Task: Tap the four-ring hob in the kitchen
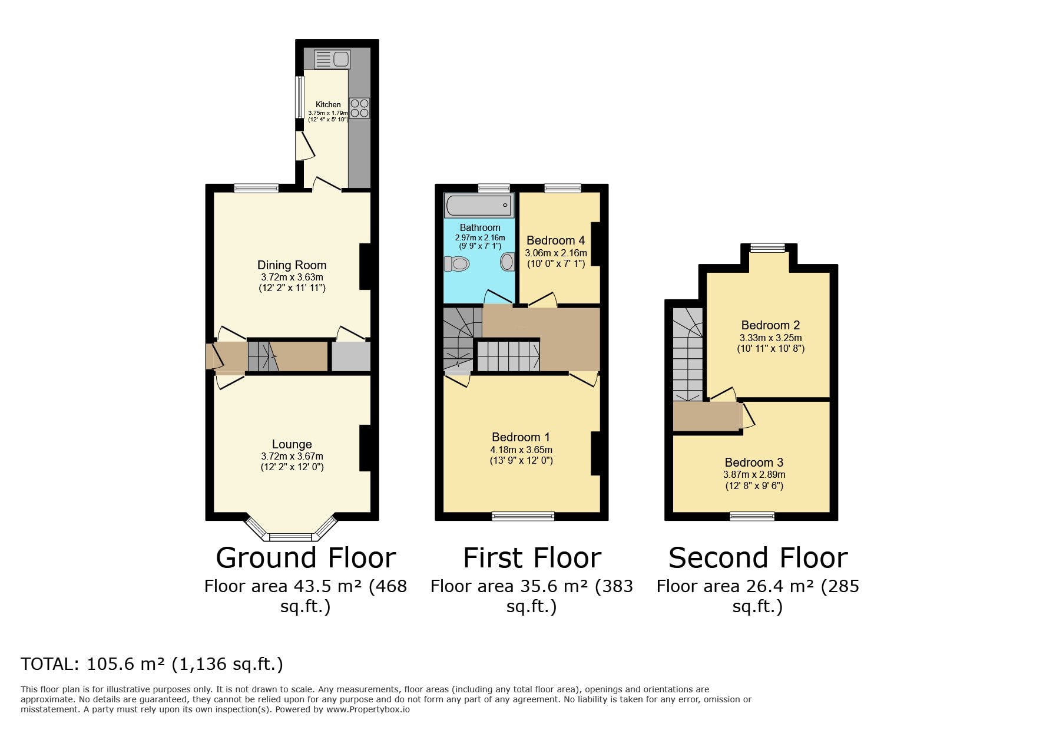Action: point(359,108)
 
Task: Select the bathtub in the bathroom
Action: point(479,205)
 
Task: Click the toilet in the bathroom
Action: point(456,264)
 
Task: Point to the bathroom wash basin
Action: point(508,262)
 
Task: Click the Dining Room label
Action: point(292,265)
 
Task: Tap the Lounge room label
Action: point(292,444)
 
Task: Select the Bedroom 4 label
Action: point(555,240)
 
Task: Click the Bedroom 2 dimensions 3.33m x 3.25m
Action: point(770,338)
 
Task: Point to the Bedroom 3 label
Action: point(754,463)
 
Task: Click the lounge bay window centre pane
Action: point(290,537)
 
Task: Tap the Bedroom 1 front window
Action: point(523,517)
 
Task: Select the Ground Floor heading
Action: point(306,558)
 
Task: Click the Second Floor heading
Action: point(757,558)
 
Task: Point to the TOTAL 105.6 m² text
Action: point(152,664)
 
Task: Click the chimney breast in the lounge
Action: point(365,448)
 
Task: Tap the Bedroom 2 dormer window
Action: point(768,248)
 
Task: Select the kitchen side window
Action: point(300,97)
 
